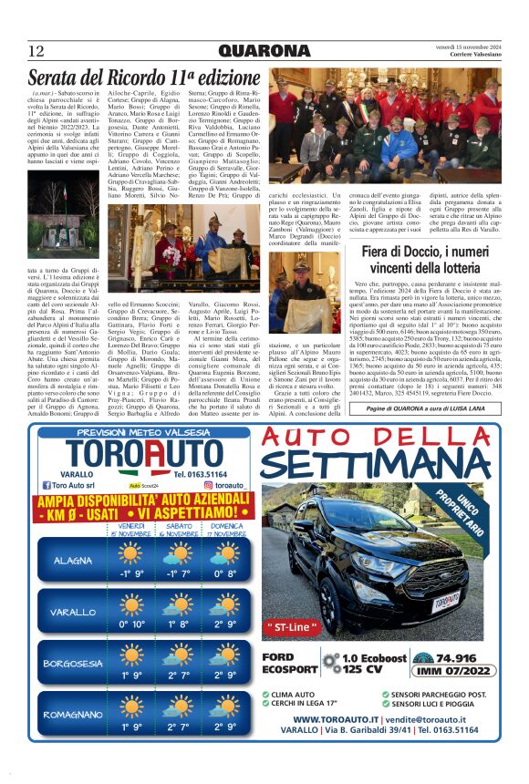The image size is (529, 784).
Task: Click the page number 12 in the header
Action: click(x=36, y=50)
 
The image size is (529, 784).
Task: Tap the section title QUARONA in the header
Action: click(x=264, y=49)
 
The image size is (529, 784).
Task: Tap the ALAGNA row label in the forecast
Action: click(x=72, y=560)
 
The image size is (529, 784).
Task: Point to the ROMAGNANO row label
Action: click(x=72, y=715)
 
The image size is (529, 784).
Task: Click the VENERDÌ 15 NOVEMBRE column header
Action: click(x=131, y=530)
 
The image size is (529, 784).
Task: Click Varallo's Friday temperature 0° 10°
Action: click(x=131, y=624)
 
